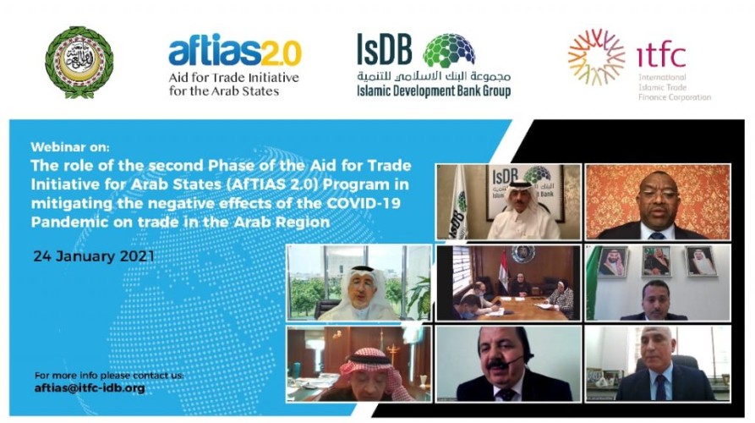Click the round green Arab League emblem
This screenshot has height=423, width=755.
79,61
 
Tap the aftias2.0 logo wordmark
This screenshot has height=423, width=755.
234,53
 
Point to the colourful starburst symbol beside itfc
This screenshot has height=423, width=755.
596,57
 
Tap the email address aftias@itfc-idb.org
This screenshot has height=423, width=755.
90,387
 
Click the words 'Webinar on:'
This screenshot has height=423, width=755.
65,146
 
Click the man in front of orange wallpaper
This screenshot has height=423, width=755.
656,207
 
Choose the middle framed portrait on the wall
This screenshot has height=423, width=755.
655,262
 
